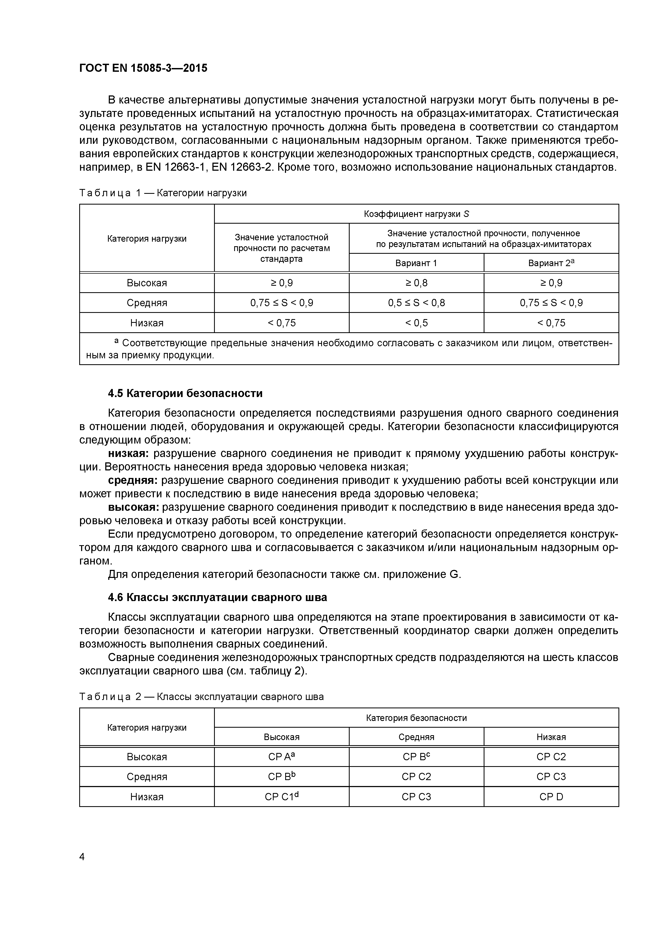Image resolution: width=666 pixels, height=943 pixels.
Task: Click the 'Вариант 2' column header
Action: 551,263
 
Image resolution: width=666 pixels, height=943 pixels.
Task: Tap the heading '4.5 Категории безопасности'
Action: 185,394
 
